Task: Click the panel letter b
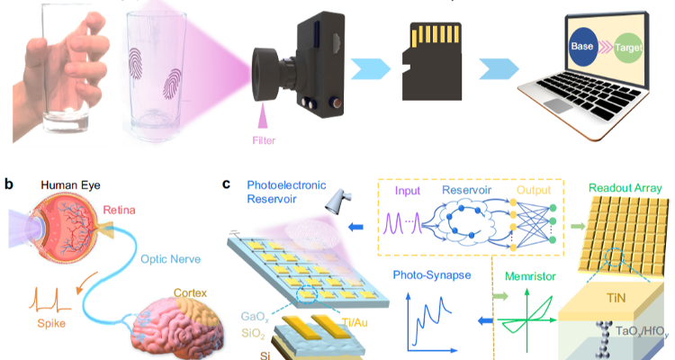9,184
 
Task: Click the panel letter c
228,184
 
